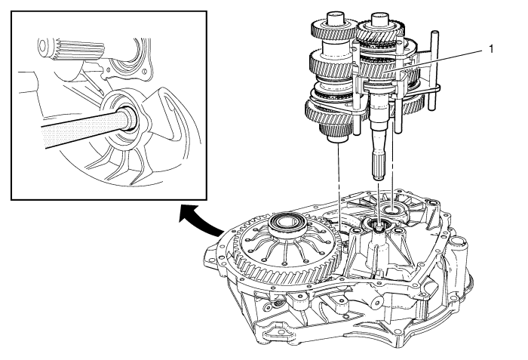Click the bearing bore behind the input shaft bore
(393, 206)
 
